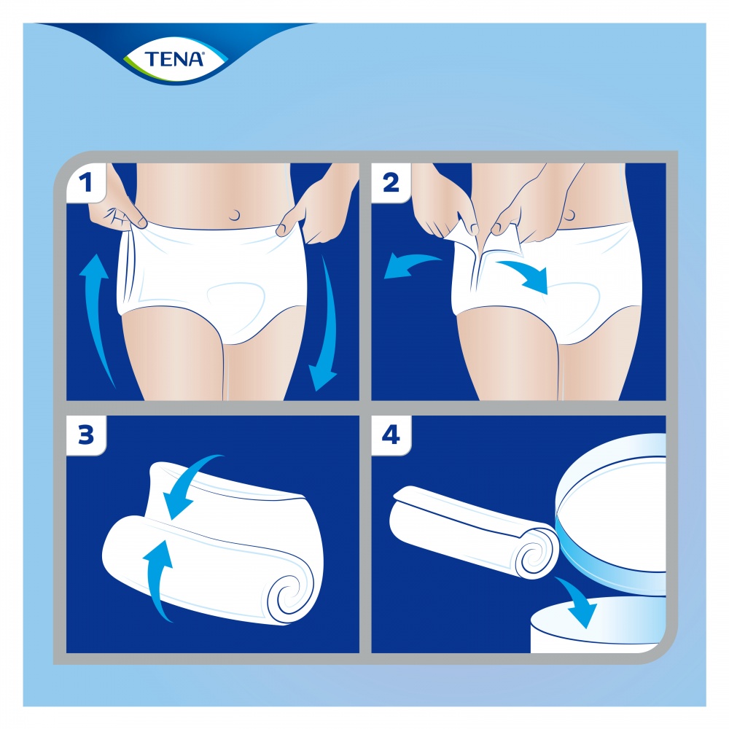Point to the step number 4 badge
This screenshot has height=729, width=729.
[x=391, y=435]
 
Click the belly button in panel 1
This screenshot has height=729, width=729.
[x=234, y=216]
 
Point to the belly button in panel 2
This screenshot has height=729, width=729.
[x=569, y=213]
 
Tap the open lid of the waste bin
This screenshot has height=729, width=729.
[x=612, y=510]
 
